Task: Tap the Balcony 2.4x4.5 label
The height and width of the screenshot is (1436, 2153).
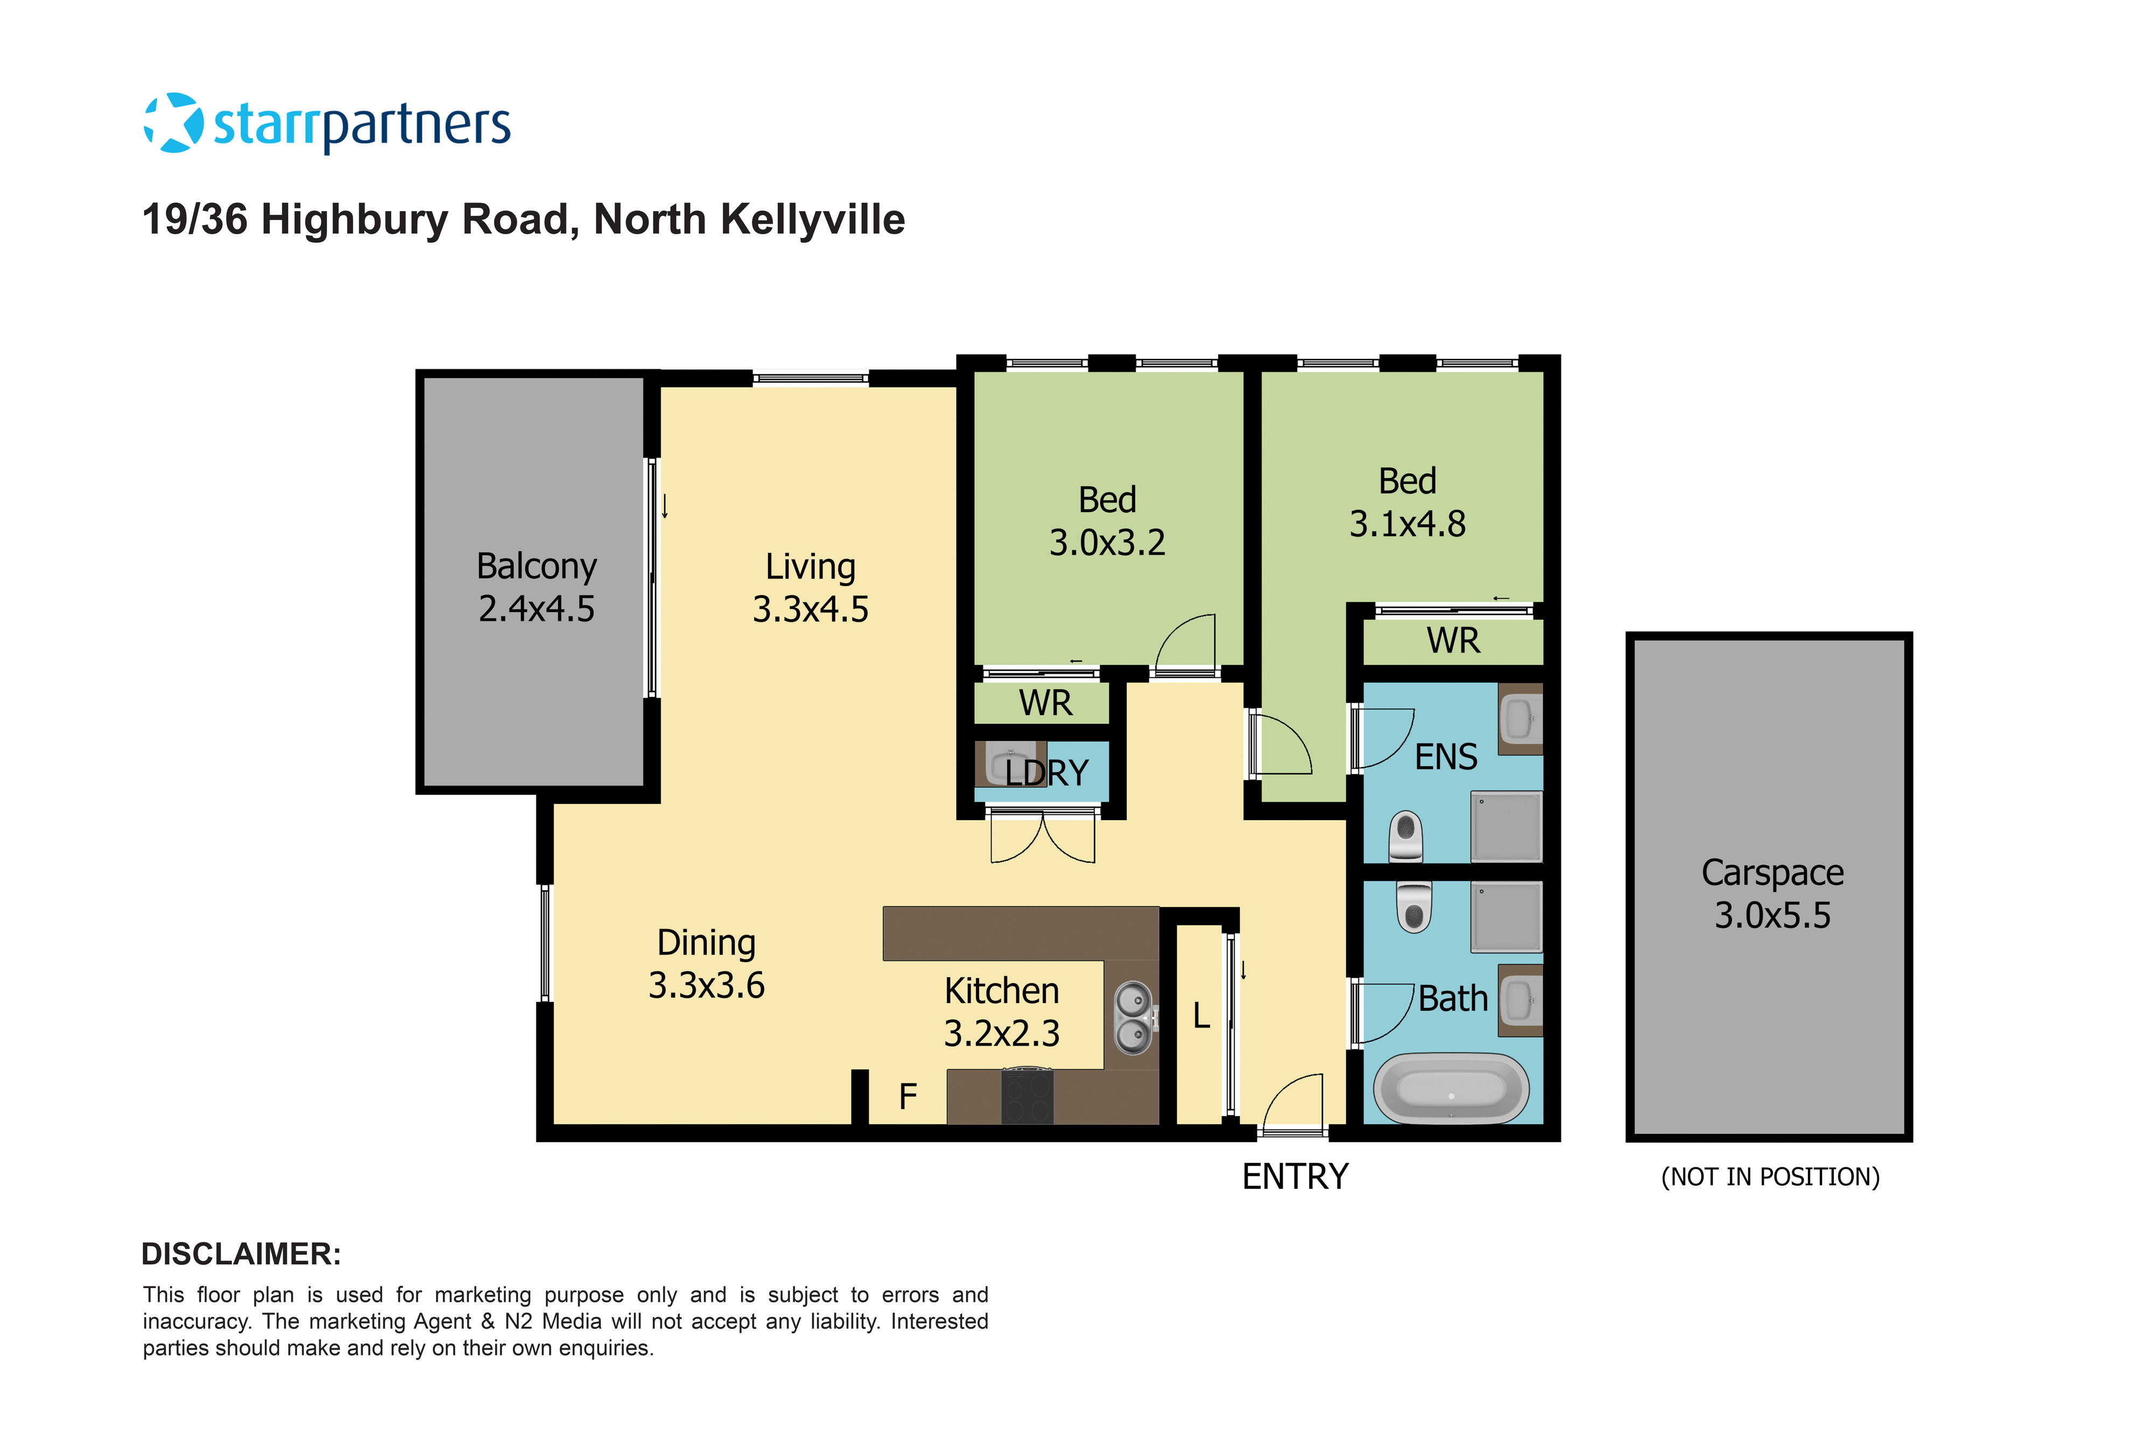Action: point(537,587)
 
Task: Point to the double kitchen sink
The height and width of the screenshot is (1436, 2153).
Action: point(1133,1018)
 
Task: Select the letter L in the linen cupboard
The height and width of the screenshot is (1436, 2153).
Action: point(1201,1015)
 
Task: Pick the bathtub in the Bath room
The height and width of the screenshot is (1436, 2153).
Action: point(1451,1089)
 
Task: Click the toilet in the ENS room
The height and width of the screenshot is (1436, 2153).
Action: point(1405,835)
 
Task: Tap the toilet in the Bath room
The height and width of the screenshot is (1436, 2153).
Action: point(1413,906)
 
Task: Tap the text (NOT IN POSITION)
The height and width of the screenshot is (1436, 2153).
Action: point(1769,1177)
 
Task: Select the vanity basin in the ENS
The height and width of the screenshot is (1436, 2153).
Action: point(1519,719)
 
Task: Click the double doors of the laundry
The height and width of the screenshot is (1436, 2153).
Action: point(1043,837)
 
